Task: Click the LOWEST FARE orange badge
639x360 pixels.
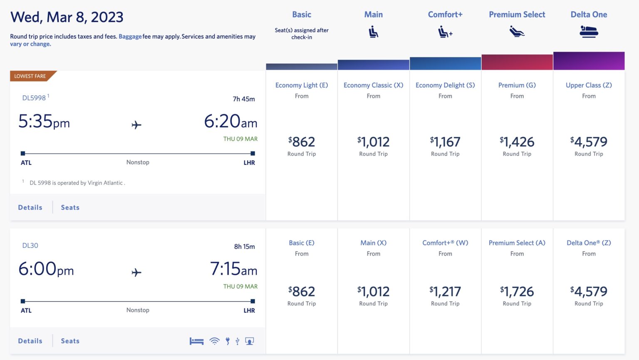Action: click(x=30, y=76)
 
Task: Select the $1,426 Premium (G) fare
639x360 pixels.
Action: click(x=517, y=142)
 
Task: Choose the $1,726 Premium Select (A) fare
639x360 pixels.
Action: click(x=517, y=292)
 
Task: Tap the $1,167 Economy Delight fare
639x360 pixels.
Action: click(x=445, y=142)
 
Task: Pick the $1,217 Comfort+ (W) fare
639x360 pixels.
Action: click(x=445, y=292)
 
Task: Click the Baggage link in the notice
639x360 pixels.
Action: click(x=130, y=37)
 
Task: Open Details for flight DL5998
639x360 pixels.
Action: click(x=30, y=207)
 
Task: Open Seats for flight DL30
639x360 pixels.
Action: click(x=70, y=341)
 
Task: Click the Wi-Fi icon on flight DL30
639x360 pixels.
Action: click(x=214, y=341)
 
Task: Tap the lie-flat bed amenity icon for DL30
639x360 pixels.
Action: click(x=196, y=341)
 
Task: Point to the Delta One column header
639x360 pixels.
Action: click(x=589, y=15)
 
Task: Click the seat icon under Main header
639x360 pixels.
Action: click(x=374, y=32)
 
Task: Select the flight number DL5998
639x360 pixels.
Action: click(x=34, y=98)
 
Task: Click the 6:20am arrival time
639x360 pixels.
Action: click(x=230, y=122)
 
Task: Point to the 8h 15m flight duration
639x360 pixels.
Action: click(x=244, y=246)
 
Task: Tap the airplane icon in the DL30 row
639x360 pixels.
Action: click(x=136, y=273)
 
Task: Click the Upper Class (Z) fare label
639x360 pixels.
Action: click(x=589, y=85)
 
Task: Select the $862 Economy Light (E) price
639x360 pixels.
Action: click(x=302, y=142)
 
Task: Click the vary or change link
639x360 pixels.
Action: click(x=30, y=44)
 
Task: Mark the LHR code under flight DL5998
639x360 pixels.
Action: click(x=249, y=163)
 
